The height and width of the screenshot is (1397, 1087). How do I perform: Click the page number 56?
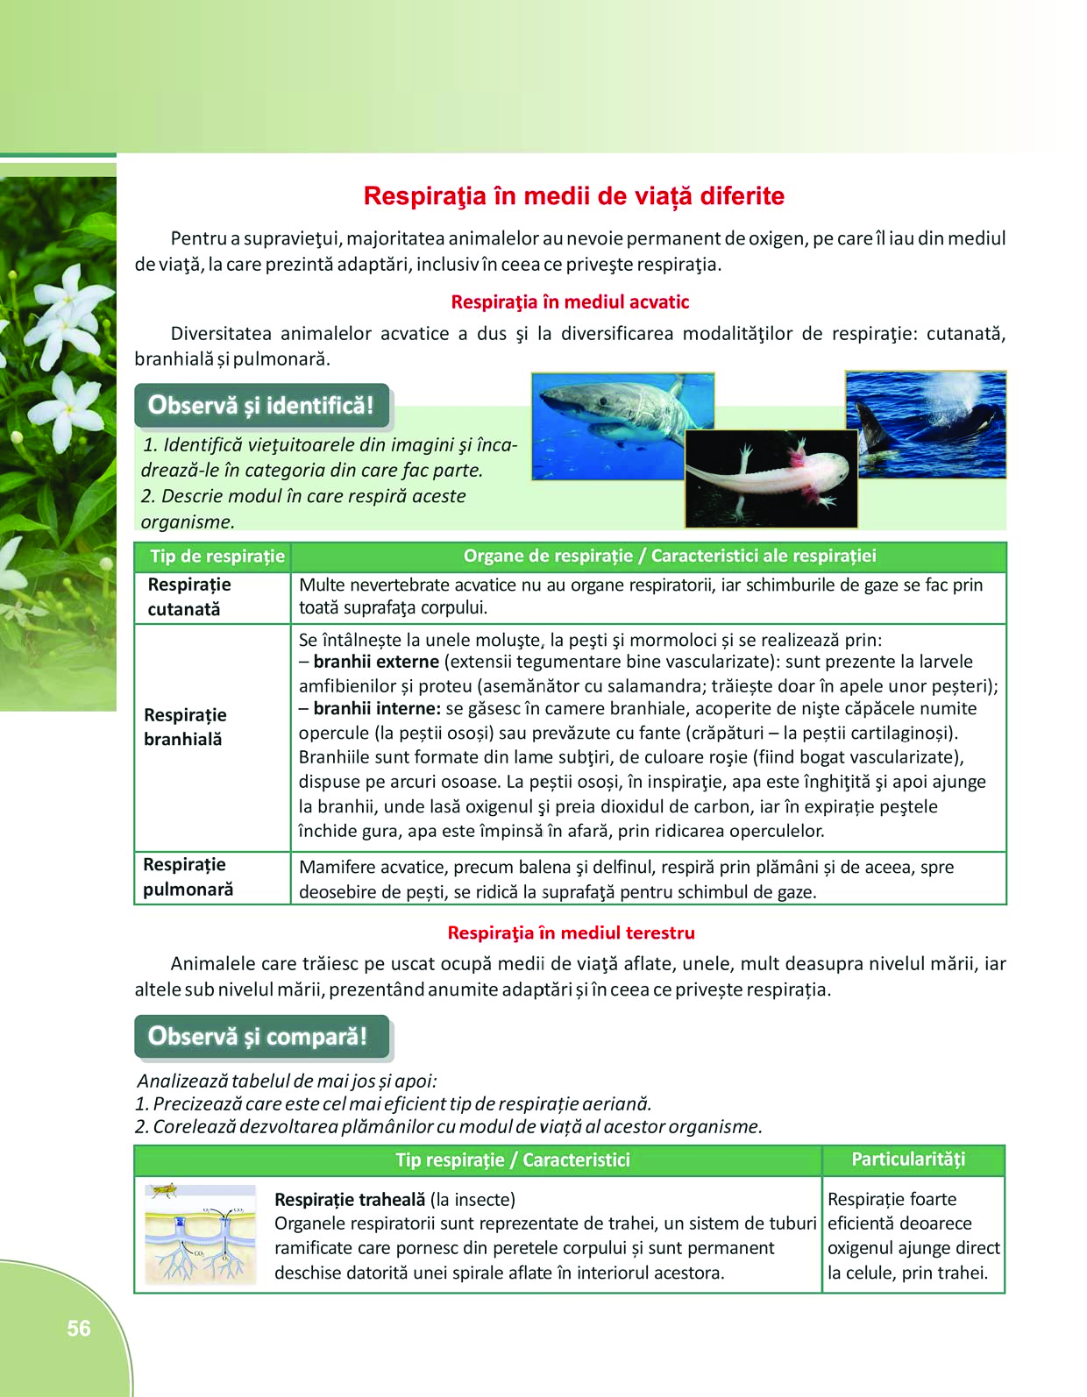[x=79, y=1329]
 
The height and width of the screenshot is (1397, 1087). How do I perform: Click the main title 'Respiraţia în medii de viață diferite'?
[x=573, y=195]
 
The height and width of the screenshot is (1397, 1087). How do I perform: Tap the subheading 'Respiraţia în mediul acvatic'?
[x=570, y=302]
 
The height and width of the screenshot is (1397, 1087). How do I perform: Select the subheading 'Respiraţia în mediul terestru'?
[x=571, y=933]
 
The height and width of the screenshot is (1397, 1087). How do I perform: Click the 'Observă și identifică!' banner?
[x=260, y=406]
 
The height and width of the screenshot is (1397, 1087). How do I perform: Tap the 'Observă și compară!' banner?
[x=258, y=1037]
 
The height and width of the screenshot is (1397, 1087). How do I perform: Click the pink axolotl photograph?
[x=771, y=479]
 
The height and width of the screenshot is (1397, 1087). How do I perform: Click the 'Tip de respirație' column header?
[x=217, y=557]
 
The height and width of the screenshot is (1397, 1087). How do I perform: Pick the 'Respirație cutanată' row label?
[x=189, y=597]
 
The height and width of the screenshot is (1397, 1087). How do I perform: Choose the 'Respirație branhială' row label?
[x=185, y=727]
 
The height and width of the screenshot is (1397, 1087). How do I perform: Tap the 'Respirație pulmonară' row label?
[x=188, y=877]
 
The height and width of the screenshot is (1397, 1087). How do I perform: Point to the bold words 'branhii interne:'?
[x=377, y=709]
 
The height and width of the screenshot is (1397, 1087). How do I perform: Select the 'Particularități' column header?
[x=908, y=1159]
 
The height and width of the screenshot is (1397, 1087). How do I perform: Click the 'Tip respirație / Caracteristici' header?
[x=513, y=1160]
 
